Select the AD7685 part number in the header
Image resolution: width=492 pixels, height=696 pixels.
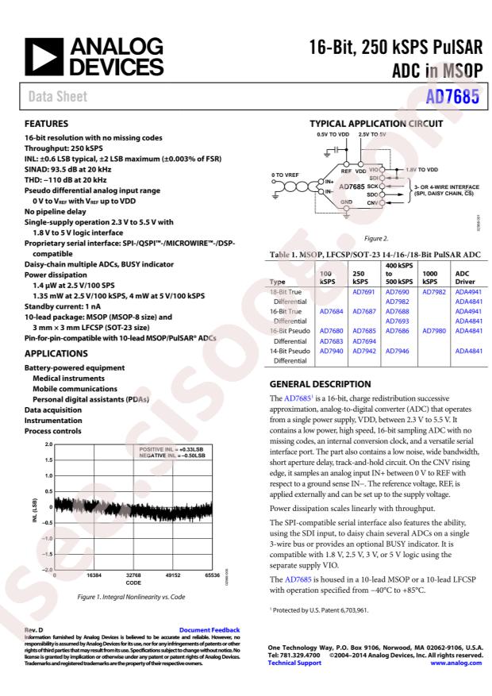[x=455, y=98]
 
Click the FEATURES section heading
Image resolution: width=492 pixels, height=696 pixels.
[x=47, y=124]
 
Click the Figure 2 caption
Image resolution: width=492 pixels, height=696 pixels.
[x=374, y=236]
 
